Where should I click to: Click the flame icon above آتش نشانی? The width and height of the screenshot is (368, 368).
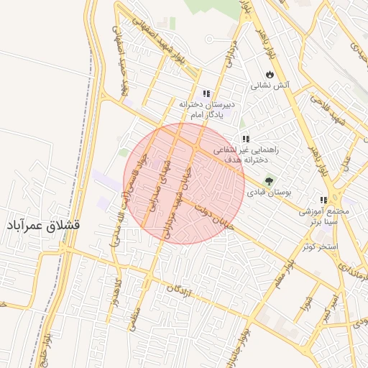(270, 74)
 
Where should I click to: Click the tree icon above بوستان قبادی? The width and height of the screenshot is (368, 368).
(270, 181)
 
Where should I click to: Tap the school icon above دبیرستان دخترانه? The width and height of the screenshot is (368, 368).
(206, 93)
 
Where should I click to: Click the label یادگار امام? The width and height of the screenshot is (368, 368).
(211, 115)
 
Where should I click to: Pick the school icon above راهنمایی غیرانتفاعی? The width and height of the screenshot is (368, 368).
(246, 139)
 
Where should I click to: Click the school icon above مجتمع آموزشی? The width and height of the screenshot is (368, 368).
(323, 200)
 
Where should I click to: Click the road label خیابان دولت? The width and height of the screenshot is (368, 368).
(211, 217)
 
